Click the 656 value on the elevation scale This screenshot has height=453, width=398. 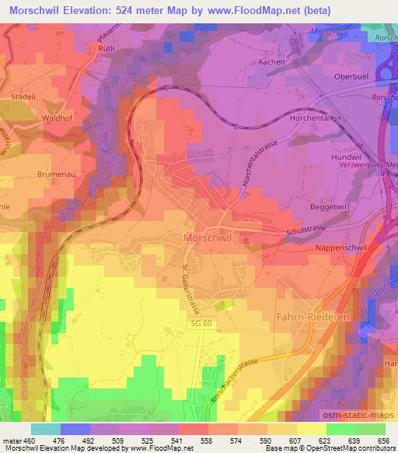pyautogui.click(x=382, y=442)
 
